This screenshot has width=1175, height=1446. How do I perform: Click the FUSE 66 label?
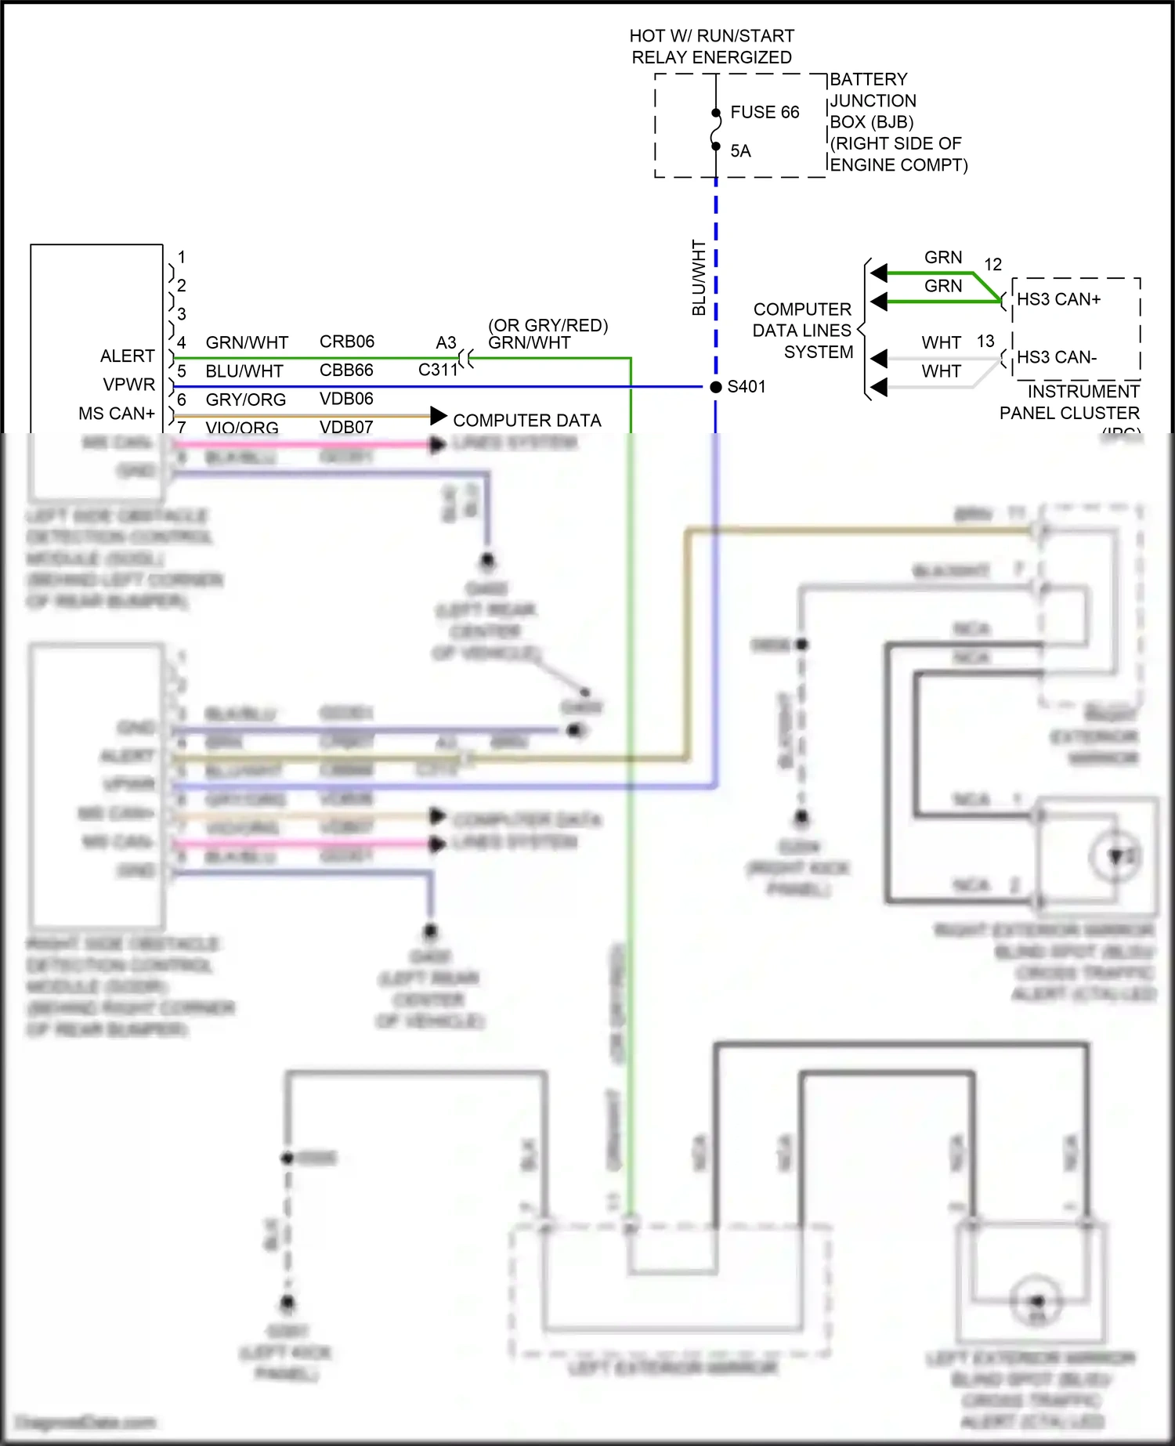point(764,112)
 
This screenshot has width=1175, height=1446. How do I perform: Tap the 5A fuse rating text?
point(740,151)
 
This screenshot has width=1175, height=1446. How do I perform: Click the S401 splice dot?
point(715,387)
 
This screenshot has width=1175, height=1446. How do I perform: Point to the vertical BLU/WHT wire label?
point(699,277)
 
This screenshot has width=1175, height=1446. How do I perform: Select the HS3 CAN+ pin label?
point(1058,299)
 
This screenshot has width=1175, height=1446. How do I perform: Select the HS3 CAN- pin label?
point(1056,357)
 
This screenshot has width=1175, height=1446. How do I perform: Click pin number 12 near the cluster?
point(992,265)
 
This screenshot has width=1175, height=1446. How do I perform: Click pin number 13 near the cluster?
point(985,342)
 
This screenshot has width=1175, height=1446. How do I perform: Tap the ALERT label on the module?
point(127,356)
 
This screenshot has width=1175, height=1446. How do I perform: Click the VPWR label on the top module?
point(129,385)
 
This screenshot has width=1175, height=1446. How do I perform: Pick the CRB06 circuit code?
point(346,342)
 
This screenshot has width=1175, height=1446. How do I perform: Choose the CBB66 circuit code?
point(346,370)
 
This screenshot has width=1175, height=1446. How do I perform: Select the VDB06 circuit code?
point(346,399)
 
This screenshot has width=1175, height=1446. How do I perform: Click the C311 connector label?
point(437,370)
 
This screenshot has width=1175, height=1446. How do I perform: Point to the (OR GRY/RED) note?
point(548,325)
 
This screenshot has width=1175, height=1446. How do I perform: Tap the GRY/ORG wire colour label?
point(245,399)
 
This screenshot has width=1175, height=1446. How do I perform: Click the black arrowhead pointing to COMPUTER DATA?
point(439,416)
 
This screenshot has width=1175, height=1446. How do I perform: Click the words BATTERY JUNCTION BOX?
point(872,100)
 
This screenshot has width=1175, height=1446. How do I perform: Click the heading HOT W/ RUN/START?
point(711,36)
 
